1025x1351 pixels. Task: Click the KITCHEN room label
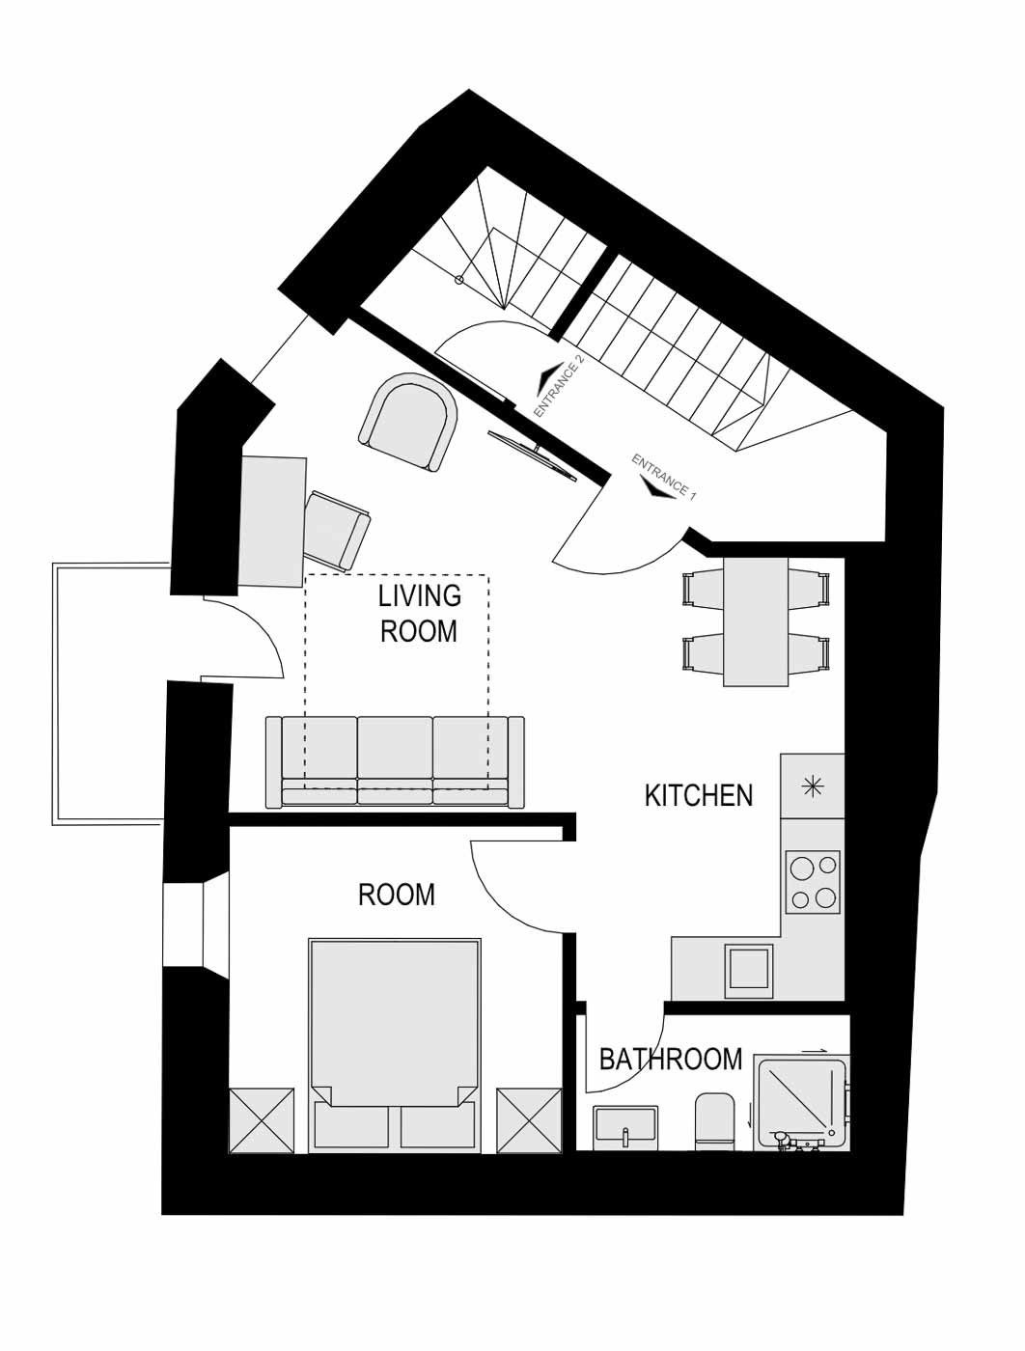click(x=699, y=795)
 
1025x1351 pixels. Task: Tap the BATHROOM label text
click(x=671, y=1060)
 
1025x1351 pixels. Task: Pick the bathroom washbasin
click(x=626, y=1127)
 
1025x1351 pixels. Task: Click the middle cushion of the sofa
click(x=395, y=760)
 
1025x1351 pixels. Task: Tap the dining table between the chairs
click(x=756, y=621)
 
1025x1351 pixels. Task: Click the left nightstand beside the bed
click(x=262, y=1120)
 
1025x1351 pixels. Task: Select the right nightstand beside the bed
click(x=530, y=1120)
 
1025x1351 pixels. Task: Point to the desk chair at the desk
click(x=338, y=530)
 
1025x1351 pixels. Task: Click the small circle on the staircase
click(x=458, y=280)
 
